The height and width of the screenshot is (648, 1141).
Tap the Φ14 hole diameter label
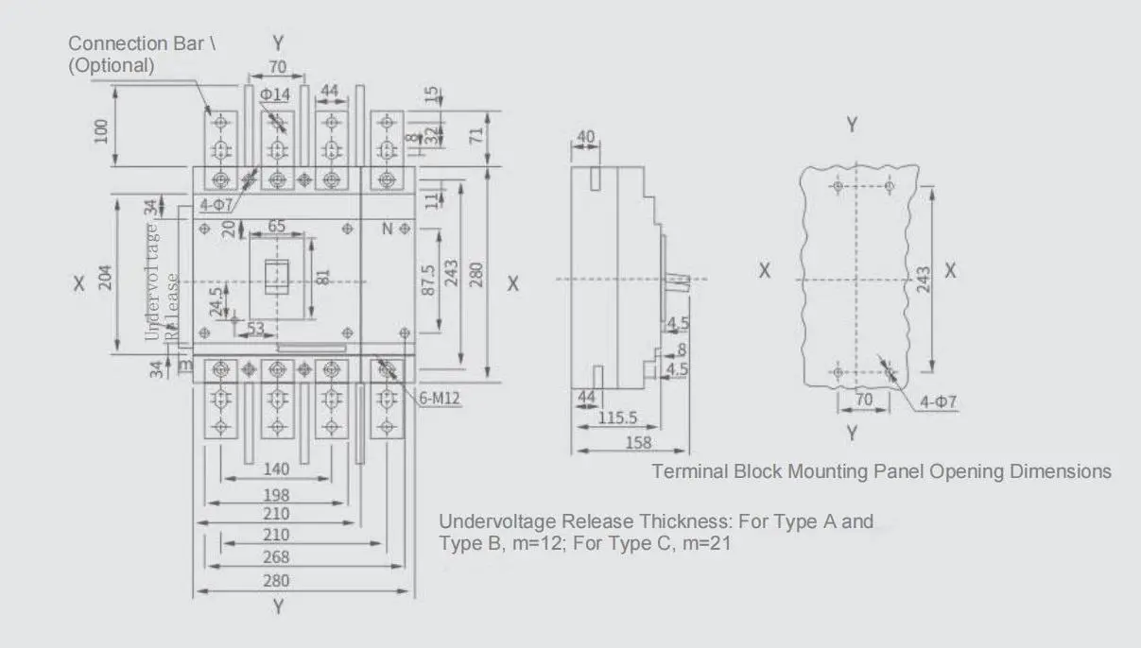pos(275,94)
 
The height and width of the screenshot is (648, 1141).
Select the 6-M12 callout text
pos(440,400)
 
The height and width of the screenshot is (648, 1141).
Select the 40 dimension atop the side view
pos(586,137)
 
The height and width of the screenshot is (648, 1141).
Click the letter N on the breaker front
pos(387,229)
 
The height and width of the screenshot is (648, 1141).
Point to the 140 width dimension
pos(276,469)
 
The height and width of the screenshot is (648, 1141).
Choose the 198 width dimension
pos(277,494)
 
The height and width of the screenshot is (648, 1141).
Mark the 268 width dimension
pos(277,557)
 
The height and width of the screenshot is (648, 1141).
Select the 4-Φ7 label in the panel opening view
pos(939,402)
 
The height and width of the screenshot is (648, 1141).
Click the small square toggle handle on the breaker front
pos(276,276)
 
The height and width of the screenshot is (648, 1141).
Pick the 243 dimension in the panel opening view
pos(924,280)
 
